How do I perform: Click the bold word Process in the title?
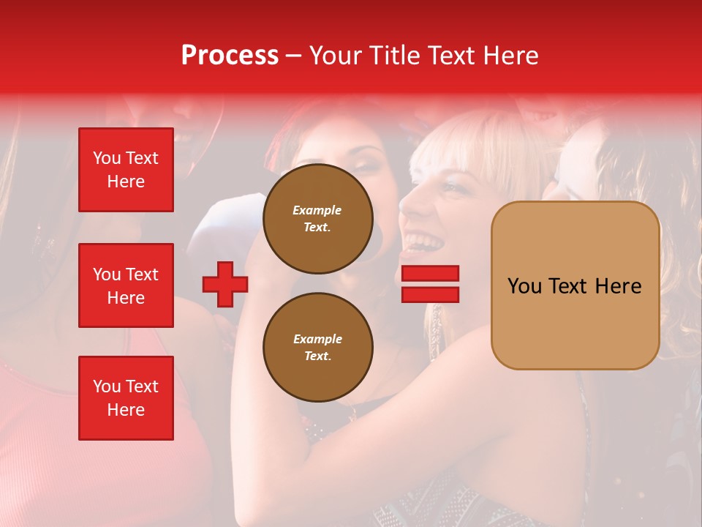[x=230, y=56]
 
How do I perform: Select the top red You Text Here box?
[x=126, y=170]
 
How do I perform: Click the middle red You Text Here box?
[x=126, y=285]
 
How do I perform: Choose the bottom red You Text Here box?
[x=126, y=398]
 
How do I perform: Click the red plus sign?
[x=225, y=284]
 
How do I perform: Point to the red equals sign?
[x=430, y=284]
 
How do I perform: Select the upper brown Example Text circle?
[x=317, y=219]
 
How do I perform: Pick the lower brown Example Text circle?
[x=317, y=348]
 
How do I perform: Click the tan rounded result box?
[x=575, y=285]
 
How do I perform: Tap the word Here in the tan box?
[x=618, y=286]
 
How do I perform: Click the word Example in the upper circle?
[x=317, y=210]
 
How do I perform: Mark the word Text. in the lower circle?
[x=317, y=356]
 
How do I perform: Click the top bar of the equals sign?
[x=430, y=274]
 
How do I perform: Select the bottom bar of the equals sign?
[x=430, y=294]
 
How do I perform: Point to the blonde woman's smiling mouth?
[x=423, y=241]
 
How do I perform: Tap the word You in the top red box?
[x=107, y=158]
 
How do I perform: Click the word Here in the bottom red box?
[x=126, y=410]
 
